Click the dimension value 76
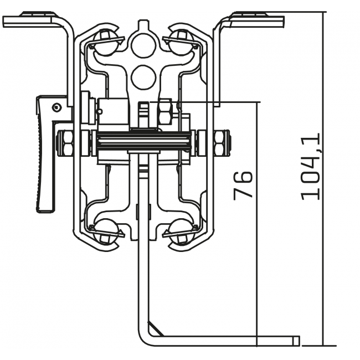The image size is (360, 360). pyautogui.click(x=243, y=186)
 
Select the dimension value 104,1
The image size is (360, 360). pyautogui.click(x=311, y=166)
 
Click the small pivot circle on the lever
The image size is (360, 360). pyautogui.click(x=56, y=106)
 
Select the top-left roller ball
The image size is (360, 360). pyautogui.click(x=105, y=41)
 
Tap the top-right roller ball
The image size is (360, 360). pyautogui.click(x=181, y=41)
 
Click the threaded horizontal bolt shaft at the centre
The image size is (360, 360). pyautogui.click(x=143, y=142)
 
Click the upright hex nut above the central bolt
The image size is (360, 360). pyautogui.click(x=166, y=112)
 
